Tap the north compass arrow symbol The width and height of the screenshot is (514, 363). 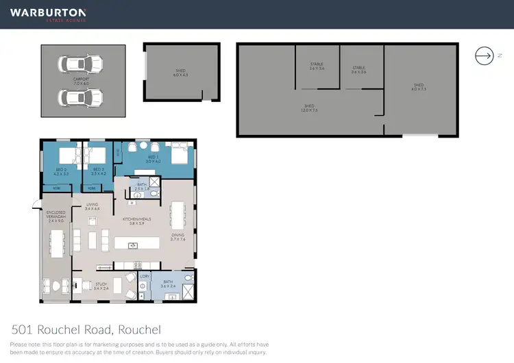(484, 56)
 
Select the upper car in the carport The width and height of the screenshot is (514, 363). (81, 64)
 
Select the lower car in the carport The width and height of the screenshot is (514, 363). (81, 97)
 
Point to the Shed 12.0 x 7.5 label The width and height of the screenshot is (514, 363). (310, 108)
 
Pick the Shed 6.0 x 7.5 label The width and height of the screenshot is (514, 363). (418, 87)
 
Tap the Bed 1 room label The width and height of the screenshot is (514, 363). (153, 159)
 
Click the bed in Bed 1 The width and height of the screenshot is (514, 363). (179, 153)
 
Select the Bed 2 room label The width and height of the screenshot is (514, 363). (61, 171)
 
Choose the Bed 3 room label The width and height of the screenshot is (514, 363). (98, 171)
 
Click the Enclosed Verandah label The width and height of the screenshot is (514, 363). (56, 218)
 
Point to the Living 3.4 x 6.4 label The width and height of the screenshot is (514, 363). (93, 206)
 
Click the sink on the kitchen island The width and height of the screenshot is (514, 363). (134, 245)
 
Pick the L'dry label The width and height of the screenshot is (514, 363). (144, 277)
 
